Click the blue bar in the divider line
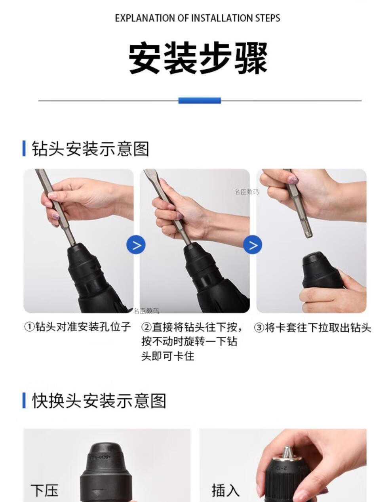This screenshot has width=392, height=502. pyautogui.click(x=200, y=101)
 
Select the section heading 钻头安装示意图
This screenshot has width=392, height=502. pyautogui.click(x=90, y=149)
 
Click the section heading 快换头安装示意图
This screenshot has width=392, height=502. pyautogui.click(x=99, y=401)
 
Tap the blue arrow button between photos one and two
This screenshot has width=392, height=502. pyautogui.click(x=136, y=244)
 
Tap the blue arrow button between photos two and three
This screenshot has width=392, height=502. pyautogui.click(x=253, y=244)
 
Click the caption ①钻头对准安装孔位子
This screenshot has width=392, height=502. pyautogui.click(x=78, y=326)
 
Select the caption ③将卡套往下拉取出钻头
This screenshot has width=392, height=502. pyautogui.click(x=312, y=328)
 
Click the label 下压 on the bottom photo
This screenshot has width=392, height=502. pyautogui.click(x=44, y=491)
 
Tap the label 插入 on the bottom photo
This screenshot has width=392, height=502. pyautogui.click(x=226, y=490)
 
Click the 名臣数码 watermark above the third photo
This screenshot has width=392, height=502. pyautogui.click(x=247, y=192)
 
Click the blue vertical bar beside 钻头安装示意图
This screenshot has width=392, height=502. pyautogui.click(x=24, y=149)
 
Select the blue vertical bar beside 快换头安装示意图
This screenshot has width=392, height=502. pyautogui.click(x=24, y=400)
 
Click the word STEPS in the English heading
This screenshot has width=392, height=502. pyautogui.click(x=268, y=18)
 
